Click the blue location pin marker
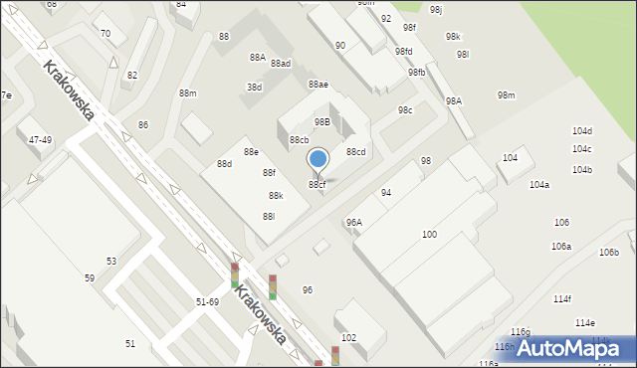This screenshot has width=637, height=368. coord(318,159)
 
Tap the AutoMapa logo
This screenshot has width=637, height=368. coord(568,348)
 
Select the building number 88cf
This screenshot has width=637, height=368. coord(317,184)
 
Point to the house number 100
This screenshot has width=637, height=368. coord(429,234)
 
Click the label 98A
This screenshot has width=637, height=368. coord(454,101)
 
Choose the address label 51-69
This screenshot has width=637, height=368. coord(207,301)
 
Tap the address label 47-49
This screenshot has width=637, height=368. coord(40,140)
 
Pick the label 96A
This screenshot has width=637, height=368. coord(353,223)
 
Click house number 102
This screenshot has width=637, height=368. coord(348,338)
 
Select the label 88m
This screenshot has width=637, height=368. coord(187,92)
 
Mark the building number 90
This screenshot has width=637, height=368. coord(340,46)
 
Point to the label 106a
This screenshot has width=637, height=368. coord(561,246)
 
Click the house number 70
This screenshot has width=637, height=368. coord(106,33)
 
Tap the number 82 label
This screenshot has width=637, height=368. coord(132,76)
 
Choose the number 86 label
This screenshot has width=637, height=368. coord(143,124)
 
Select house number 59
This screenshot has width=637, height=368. coord(90,278)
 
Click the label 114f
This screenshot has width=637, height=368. coord(562,298)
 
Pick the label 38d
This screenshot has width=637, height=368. coord(254,87)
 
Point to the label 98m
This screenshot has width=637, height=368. coord(506,95)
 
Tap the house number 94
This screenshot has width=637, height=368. coord(385,192)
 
